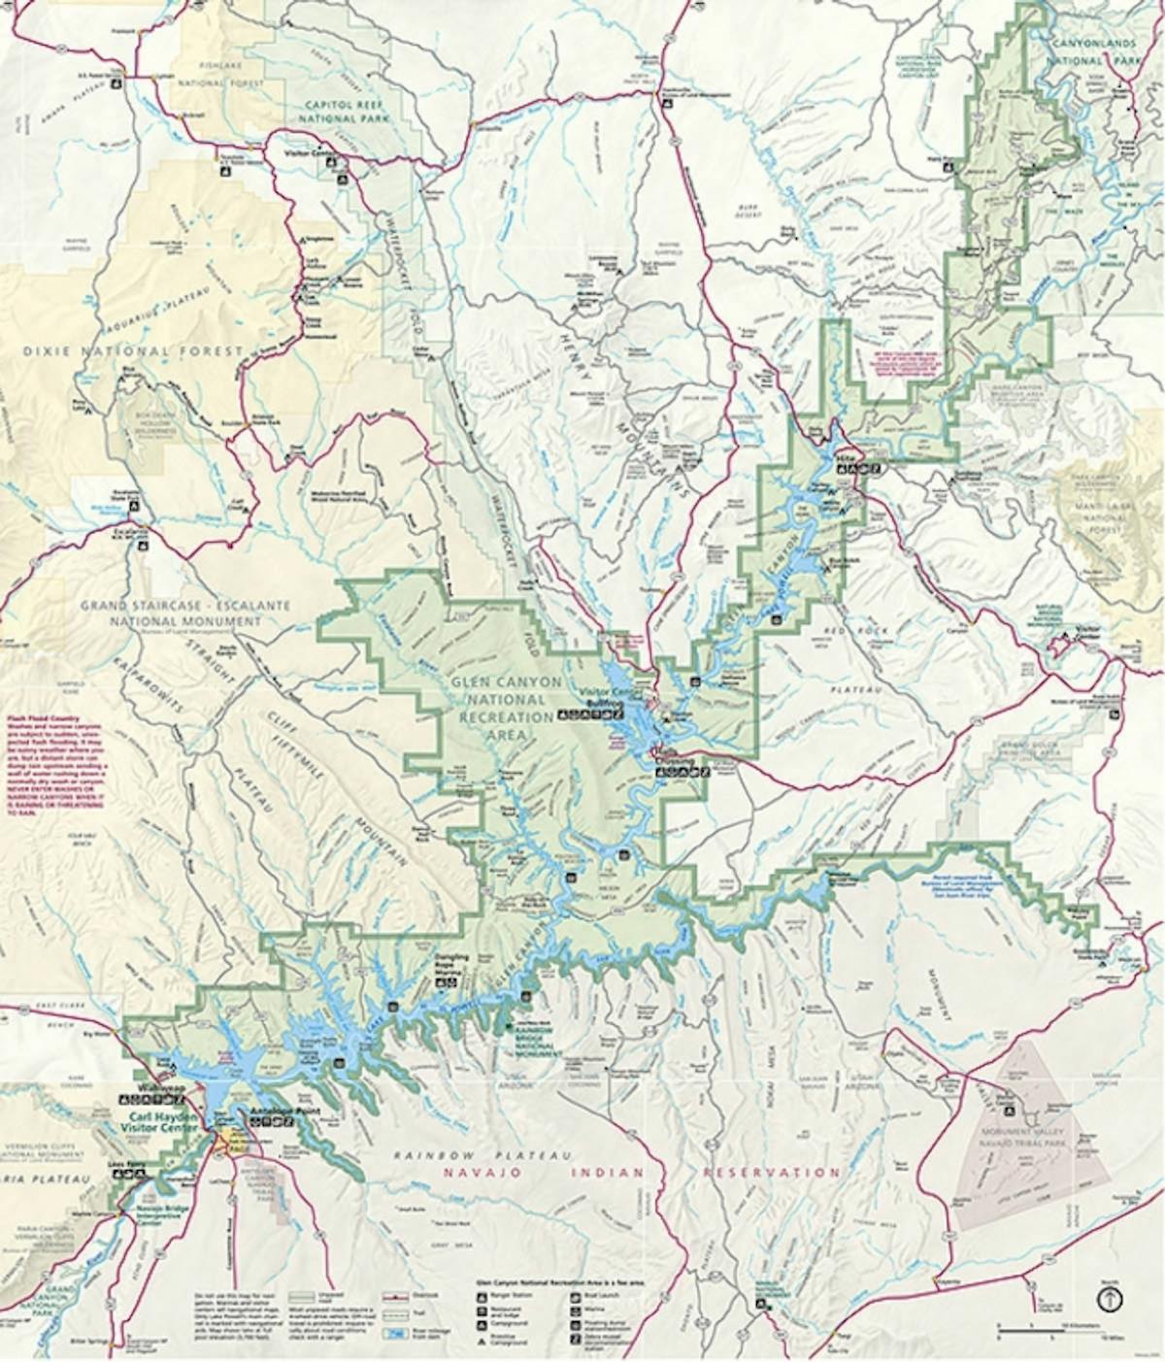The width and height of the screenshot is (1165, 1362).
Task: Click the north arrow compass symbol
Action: pyautogui.click(x=1111, y=1297)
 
